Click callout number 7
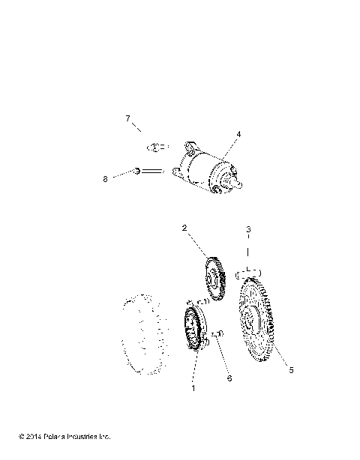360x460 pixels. click(x=127, y=119)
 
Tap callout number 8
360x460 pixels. click(x=127, y=178)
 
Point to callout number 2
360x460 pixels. click(x=184, y=228)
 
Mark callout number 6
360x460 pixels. click(x=229, y=378)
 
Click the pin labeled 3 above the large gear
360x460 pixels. click(x=250, y=270)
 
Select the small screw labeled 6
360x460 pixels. click(x=218, y=334)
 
